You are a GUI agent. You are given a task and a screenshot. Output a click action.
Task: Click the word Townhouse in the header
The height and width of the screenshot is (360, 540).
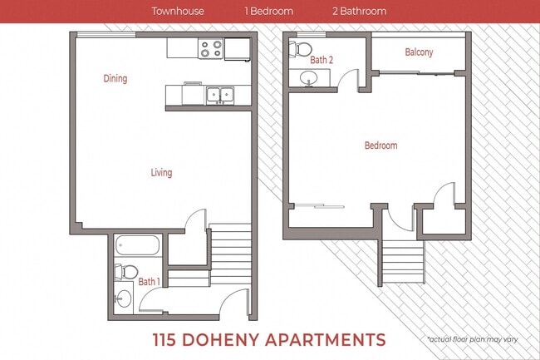pos(178,12)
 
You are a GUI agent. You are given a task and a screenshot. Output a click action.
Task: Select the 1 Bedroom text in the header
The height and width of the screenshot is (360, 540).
pos(268,12)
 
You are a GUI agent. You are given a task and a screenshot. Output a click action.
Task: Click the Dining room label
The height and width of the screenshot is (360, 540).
pos(115,79)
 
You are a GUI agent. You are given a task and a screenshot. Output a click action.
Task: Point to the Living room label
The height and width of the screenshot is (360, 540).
pos(161,173)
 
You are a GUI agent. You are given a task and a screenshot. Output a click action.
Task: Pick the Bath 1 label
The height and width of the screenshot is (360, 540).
pos(150,282)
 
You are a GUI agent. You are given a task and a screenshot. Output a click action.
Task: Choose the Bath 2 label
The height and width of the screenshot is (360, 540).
pos(322,60)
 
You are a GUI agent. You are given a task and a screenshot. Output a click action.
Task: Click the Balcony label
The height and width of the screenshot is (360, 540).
pos(419,52)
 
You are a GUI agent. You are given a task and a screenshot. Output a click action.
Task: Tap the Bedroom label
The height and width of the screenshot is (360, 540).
pos(380,145)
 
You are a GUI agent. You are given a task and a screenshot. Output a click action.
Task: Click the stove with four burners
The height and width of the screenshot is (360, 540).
pos(211,50)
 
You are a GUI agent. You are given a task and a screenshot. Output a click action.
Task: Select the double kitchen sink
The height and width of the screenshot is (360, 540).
pos(220,94)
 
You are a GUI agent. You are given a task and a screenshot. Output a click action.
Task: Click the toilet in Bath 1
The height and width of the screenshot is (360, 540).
pos(125,271)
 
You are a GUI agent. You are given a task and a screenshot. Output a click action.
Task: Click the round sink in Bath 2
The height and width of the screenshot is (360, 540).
pos(310,79)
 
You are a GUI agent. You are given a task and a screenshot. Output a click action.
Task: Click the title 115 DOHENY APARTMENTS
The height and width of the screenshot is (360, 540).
pos(270,339)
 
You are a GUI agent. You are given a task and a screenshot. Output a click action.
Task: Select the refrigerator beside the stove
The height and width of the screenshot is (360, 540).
pos(238,49)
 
